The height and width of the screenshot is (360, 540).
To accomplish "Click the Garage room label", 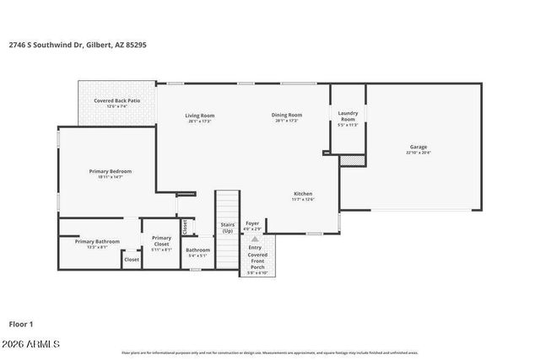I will pyautogui.click(x=418, y=147).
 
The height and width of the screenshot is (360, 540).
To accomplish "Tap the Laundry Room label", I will pyautogui.click(x=348, y=116).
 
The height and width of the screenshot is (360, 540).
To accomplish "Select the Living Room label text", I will pyautogui.click(x=200, y=116).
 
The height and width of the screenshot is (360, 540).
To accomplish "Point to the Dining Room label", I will pyautogui.click(x=287, y=116).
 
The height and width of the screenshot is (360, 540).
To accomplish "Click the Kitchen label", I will pyautogui.click(x=303, y=193).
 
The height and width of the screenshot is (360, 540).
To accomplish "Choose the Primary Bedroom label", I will pyautogui.click(x=111, y=171).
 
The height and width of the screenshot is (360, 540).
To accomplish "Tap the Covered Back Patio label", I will pyautogui.click(x=116, y=101).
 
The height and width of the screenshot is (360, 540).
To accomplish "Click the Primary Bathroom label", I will pyautogui.click(x=97, y=242).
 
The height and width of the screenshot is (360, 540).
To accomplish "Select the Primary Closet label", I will pyautogui.click(x=161, y=241).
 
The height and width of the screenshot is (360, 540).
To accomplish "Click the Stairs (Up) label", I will pyautogui.click(x=227, y=228).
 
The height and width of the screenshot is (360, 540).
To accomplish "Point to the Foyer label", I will pyautogui.click(x=252, y=223).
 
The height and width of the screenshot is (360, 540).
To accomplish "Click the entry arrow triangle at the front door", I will pyautogui.click(x=255, y=239).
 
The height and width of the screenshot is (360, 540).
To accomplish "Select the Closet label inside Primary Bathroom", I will pyautogui.click(x=132, y=260).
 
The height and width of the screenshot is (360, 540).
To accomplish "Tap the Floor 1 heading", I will pyautogui.click(x=22, y=324).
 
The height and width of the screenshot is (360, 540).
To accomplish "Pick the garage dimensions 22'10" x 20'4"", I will pyautogui.click(x=418, y=153).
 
